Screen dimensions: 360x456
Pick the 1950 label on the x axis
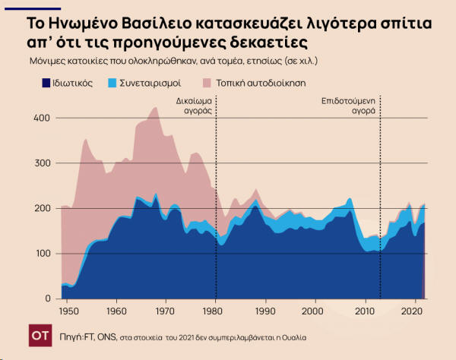pyautogui.click(x=68, y=311)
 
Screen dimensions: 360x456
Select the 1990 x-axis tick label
pyautogui.click(x=264, y=311)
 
